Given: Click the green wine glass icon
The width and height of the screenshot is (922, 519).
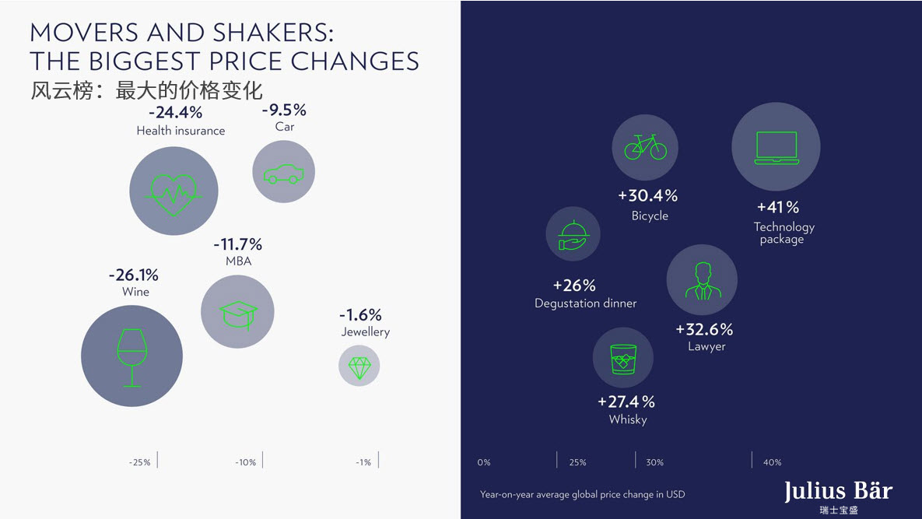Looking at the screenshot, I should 131,356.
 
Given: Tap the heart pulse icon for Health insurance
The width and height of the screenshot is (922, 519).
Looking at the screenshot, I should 174,191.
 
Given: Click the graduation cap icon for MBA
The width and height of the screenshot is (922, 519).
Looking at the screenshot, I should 238,312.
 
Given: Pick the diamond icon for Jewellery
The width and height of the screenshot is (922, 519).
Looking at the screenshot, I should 359,366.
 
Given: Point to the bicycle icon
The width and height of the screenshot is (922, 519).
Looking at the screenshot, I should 645,146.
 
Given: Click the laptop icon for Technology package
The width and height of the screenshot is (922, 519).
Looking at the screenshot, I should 776,147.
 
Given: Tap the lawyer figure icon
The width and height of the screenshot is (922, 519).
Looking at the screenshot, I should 702,280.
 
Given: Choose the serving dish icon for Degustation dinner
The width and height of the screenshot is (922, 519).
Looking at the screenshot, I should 573,234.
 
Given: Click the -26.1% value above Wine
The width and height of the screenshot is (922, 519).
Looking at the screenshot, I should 133,275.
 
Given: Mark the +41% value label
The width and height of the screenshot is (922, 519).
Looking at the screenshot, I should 778,207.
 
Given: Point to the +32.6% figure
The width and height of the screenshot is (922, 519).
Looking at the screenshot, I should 704,329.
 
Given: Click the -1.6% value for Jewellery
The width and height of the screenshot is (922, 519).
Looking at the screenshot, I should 360,315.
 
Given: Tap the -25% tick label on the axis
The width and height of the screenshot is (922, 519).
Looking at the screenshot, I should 140,462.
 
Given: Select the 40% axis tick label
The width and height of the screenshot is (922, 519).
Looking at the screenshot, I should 772,462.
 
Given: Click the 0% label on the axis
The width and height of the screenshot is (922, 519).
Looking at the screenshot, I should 484,462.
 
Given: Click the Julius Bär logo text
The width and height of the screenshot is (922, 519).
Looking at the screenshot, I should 838,492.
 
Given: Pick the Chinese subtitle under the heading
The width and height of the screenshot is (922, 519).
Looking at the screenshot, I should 147,90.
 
